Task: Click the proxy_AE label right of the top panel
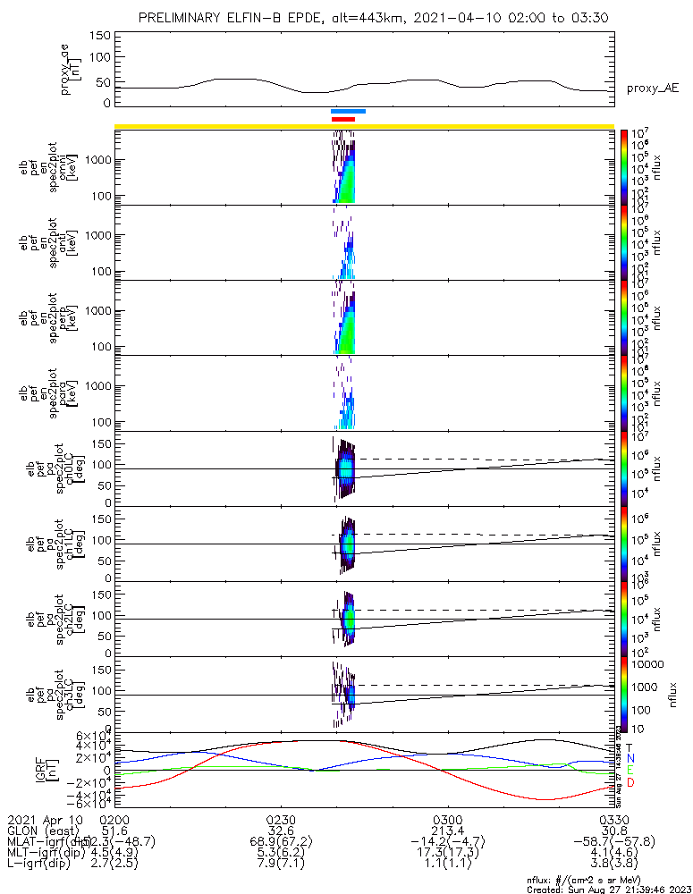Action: click(x=652, y=88)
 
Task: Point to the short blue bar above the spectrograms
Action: click(x=348, y=112)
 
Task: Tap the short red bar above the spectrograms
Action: click(x=343, y=119)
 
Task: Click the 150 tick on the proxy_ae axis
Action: click(x=100, y=35)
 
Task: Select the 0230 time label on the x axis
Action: click(x=281, y=818)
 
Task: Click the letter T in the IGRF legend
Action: click(x=630, y=747)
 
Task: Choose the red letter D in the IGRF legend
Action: click(x=630, y=783)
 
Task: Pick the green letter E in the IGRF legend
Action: click(x=630, y=771)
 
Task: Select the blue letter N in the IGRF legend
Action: click(x=630, y=759)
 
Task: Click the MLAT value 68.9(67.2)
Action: click(x=281, y=841)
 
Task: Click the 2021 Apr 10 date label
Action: click(x=45, y=818)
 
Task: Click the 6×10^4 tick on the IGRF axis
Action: click(x=93, y=736)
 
